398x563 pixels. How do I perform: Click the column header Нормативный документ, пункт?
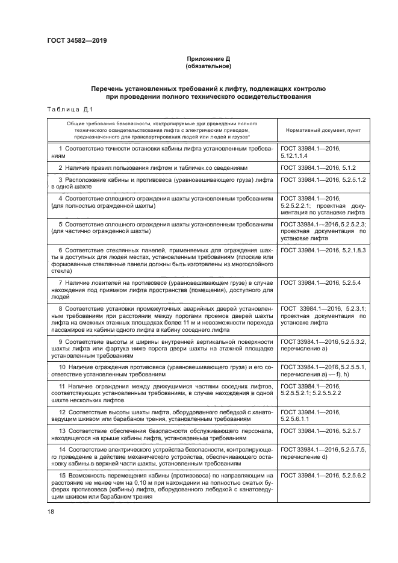[x=323, y=130]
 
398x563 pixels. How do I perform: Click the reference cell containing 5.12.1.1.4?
[x=323, y=152]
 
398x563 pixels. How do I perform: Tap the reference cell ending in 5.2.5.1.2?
[x=323, y=180]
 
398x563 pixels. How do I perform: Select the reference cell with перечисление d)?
[x=323, y=453]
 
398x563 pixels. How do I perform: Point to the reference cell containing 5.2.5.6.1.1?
[x=323, y=415]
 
